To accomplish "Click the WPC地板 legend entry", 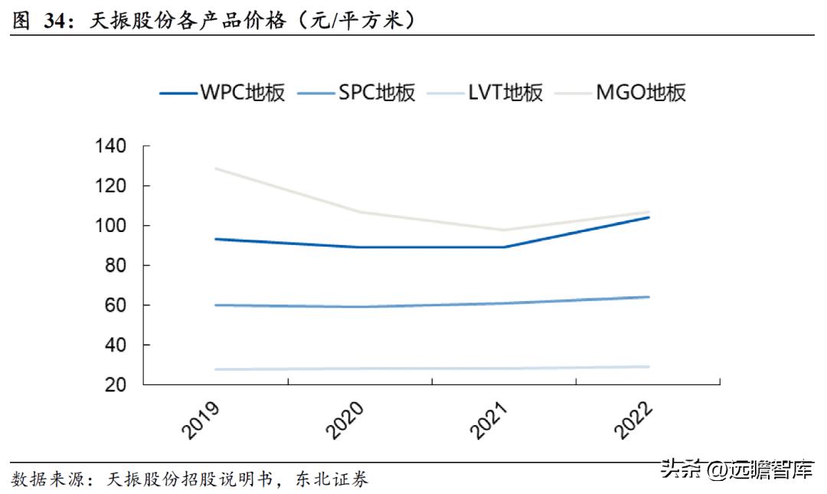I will pyautogui.click(x=223, y=93).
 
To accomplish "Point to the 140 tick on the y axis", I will pyautogui.click(x=113, y=146).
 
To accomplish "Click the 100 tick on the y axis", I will pyautogui.click(x=113, y=225).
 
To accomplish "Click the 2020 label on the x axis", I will pyautogui.click(x=346, y=418).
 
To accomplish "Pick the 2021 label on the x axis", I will pyautogui.click(x=490, y=418).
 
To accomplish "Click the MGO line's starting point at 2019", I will pyautogui.click(x=217, y=168).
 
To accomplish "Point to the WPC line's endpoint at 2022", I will pyautogui.click(x=649, y=217).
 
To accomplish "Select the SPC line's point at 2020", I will pyautogui.click(x=361, y=307).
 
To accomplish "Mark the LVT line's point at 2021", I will pyautogui.click(x=505, y=368).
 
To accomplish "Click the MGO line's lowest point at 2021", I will pyautogui.click(x=505, y=230).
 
